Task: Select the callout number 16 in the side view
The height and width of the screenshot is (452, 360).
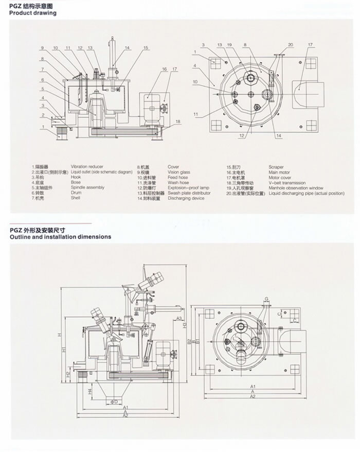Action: point(165,68)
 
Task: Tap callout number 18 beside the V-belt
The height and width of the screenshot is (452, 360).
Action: point(178,121)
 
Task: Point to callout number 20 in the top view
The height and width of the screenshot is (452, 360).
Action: point(291,45)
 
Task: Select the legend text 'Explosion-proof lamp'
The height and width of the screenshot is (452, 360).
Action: point(188,188)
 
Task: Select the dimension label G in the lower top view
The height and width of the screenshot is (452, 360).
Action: point(267,299)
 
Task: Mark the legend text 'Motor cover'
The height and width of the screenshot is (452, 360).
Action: point(280,178)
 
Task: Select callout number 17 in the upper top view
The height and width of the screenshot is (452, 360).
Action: point(311,45)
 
